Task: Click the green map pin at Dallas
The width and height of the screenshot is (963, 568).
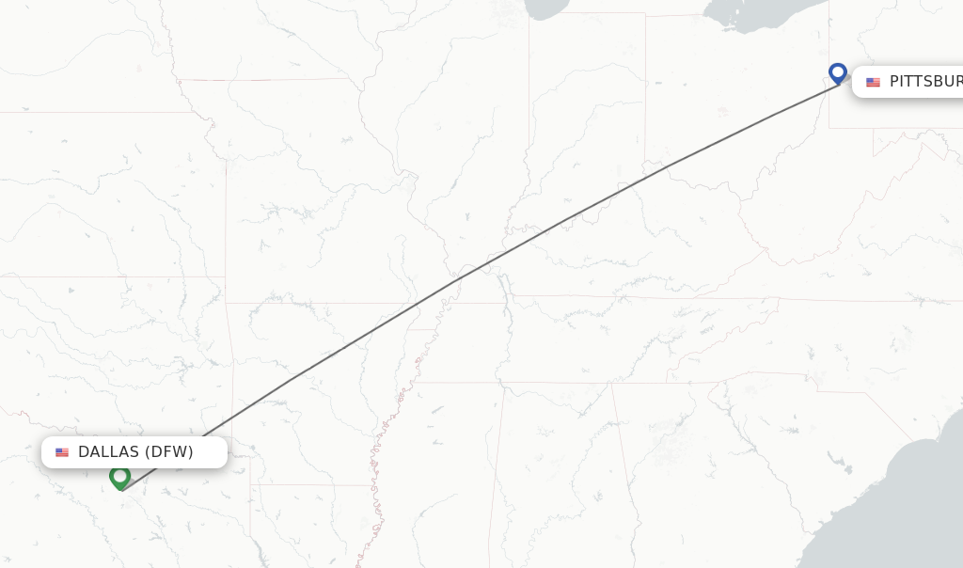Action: pyautogui.click(x=119, y=477)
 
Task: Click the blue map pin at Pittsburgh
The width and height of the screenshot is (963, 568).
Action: pyautogui.click(x=838, y=72)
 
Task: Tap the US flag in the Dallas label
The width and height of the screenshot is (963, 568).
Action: pyautogui.click(x=62, y=452)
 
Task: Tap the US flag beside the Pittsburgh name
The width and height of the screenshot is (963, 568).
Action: pyautogui.click(x=873, y=83)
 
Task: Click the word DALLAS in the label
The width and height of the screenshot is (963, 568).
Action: pyautogui.click(x=108, y=452)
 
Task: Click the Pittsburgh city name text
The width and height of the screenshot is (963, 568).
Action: pyautogui.click(x=925, y=82)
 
